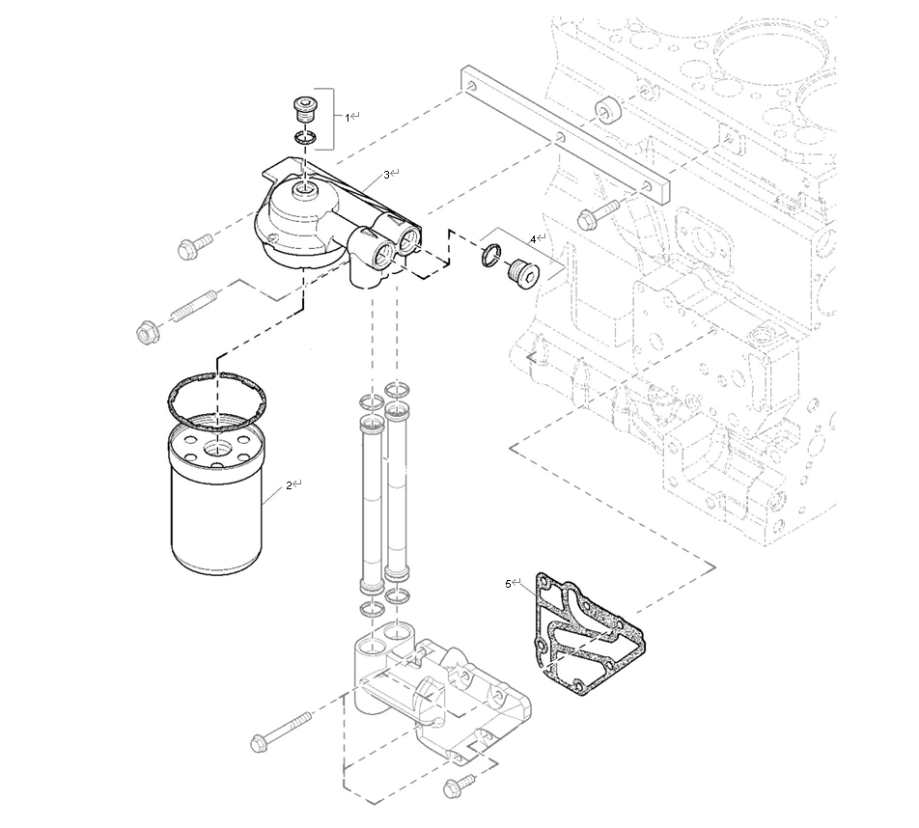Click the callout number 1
[x=348, y=117]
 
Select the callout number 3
[x=387, y=174]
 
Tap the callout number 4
[x=532, y=237]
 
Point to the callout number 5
[x=509, y=583]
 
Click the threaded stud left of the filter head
[x=199, y=307]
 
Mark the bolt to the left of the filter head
[x=194, y=246]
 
